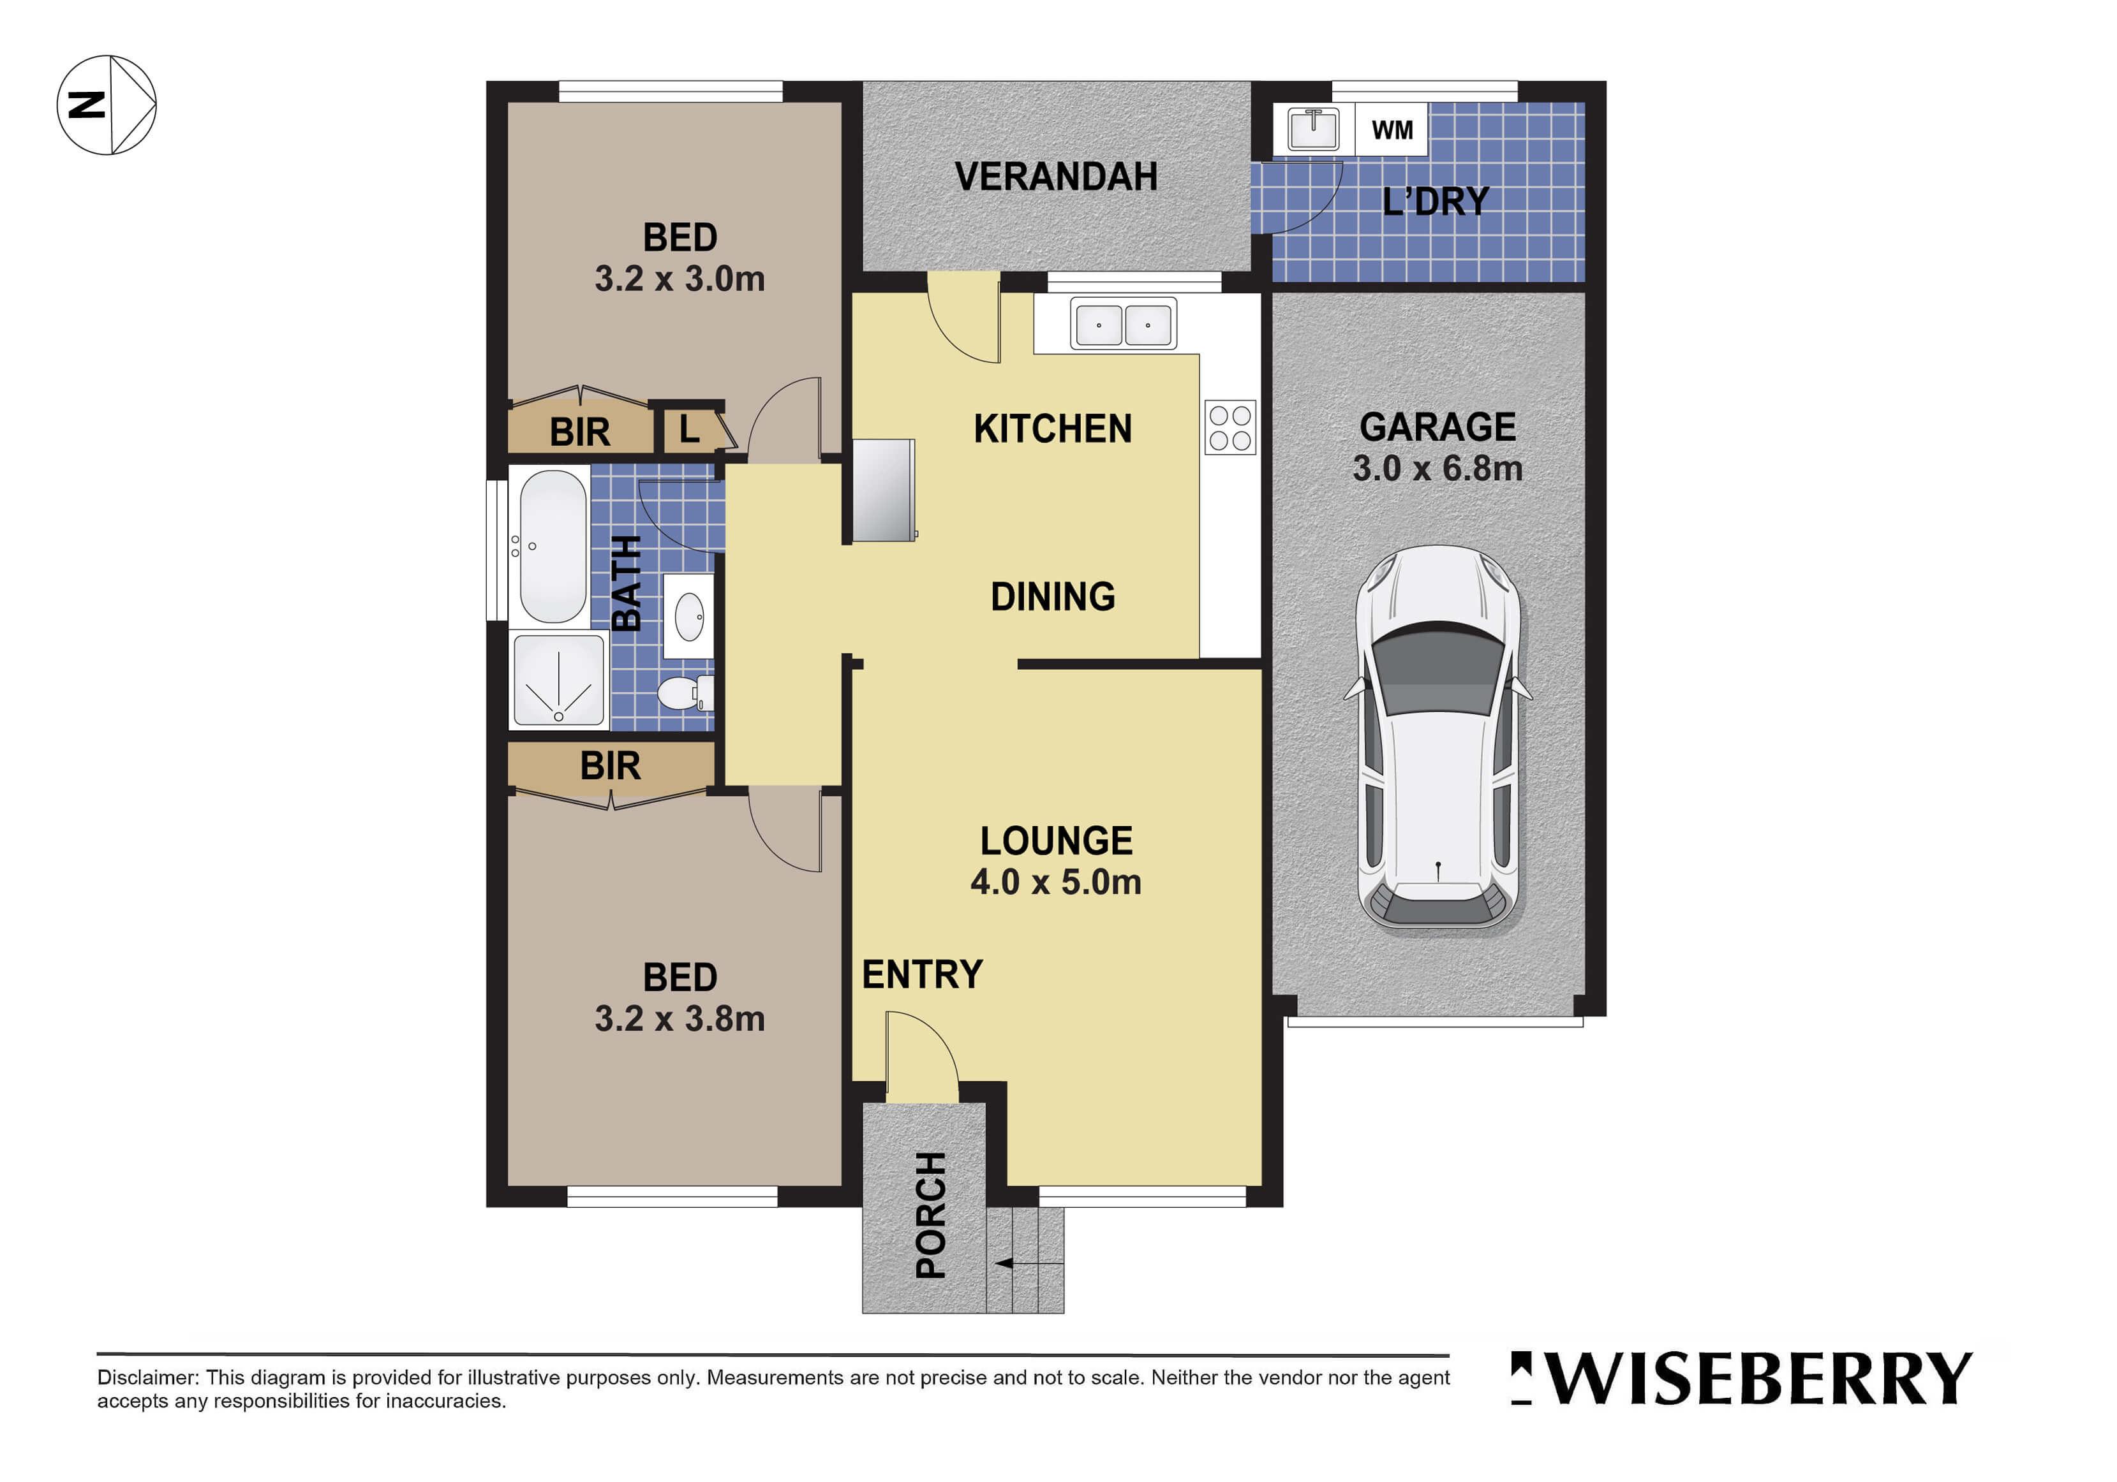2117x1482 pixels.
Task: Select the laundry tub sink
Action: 1313,129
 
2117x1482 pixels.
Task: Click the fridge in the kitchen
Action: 883,489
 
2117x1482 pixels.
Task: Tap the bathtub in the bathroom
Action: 553,547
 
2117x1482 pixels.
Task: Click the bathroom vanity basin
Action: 689,615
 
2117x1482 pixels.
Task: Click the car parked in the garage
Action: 1437,738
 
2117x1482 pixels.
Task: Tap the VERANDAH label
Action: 1056,177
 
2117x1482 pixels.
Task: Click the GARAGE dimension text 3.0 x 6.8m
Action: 1437,468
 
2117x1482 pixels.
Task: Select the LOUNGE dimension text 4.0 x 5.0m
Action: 1056,882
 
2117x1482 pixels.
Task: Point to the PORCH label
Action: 930,1215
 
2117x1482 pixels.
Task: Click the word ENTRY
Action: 922,975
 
